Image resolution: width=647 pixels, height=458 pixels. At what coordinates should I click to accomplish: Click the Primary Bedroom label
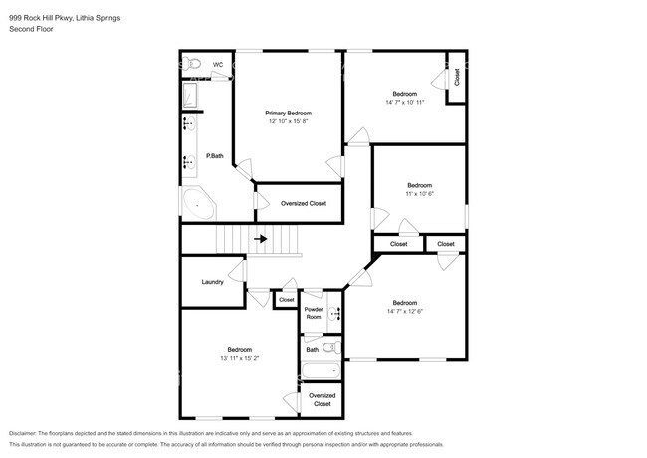[x=288, y=114]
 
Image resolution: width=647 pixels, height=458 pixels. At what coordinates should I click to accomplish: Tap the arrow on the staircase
[x=261, y=239]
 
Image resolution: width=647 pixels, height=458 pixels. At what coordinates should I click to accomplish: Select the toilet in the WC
[x=192, y=64]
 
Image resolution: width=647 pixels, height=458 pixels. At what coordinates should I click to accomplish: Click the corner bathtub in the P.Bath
[x=199, y=204]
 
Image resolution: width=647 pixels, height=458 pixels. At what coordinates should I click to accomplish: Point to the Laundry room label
[x=212, y=282]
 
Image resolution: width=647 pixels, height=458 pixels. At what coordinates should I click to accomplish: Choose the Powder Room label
[x=314, y=313]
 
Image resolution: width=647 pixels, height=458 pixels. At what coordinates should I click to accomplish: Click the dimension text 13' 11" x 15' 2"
[x=240, y=358]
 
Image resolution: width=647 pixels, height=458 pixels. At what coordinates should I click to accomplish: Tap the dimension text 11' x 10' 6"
[x=420, y=194]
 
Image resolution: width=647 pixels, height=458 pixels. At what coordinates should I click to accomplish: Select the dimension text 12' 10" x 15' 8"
[x=289, y=121]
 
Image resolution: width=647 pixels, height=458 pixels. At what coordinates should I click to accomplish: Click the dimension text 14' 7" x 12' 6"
[x=405, y=311]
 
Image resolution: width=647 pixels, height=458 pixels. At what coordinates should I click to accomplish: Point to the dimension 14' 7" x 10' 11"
[x=405, y=102]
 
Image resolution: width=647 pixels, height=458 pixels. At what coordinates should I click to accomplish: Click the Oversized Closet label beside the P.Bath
[x=304, y=203]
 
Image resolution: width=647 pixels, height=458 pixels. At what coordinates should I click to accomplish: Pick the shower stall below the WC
[x=190, y=96]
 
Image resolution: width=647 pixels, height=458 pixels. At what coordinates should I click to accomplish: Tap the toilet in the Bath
[x=332, y=348]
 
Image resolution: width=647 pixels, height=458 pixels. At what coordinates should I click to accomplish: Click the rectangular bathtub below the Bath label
[x=322, y=371]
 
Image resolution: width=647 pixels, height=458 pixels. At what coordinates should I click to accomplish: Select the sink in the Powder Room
[x=335, y=314]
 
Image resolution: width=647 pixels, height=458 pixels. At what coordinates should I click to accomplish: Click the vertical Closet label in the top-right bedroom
[x=457, y=77]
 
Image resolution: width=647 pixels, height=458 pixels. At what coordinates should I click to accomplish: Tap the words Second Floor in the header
[x=31, y=29]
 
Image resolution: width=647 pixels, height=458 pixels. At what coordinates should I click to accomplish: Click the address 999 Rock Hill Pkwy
[x=41, y=18]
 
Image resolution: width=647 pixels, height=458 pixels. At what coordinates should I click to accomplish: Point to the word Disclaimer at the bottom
[x=23, y=433]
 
